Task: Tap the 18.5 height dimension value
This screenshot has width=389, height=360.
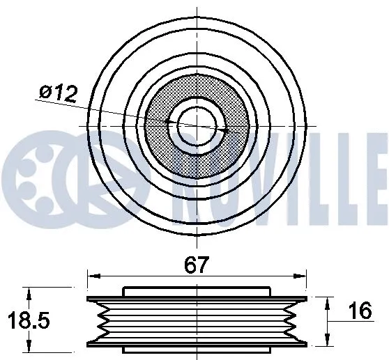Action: [23, 321]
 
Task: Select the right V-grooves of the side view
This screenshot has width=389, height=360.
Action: [293, 320]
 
